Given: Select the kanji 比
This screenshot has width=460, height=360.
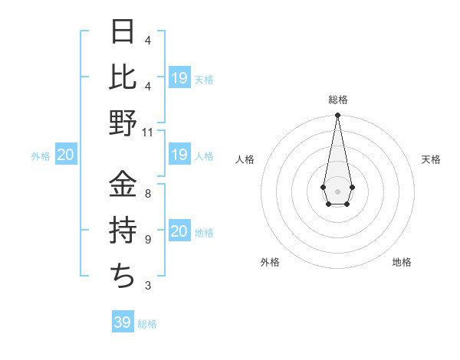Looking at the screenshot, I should click(x=123, y=77).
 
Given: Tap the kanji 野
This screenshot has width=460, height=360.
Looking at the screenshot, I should click(x=123, y=123).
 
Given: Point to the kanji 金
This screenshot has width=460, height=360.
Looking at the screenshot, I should click(x=123, y=184).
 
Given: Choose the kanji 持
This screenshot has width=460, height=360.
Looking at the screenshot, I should click(x=123, y=230).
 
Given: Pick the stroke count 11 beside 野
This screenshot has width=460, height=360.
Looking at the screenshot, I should click(x=148, y=132).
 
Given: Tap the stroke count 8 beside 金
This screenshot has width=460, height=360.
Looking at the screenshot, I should click(x=148, y=194).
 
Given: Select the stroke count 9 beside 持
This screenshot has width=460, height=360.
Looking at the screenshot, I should click(x=148, y=240).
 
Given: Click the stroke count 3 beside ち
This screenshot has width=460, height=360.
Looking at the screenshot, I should click(x=148, y=286).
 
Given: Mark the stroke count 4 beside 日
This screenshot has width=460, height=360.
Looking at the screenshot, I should click(x=148, y=40).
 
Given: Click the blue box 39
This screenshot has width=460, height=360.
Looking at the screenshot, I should click(x=122, y=322).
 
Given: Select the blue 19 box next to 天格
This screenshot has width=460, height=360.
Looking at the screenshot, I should click(x=179, y=78).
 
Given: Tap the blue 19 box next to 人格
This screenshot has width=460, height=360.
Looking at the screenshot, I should click(x=179, y=155).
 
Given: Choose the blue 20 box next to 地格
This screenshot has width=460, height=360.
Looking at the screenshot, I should click(x=179, y=231).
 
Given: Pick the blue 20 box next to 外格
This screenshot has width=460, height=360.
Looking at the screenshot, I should click(x=65, y=155).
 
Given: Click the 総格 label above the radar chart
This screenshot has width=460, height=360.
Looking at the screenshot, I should click(x=337, y=100).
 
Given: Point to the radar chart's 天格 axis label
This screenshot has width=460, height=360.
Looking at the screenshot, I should click(x=431, y=159).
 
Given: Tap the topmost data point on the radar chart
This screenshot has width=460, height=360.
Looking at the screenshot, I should click(x=337, y=116).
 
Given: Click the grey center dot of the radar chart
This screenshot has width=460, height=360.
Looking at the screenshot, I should click(x=337, y=190).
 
